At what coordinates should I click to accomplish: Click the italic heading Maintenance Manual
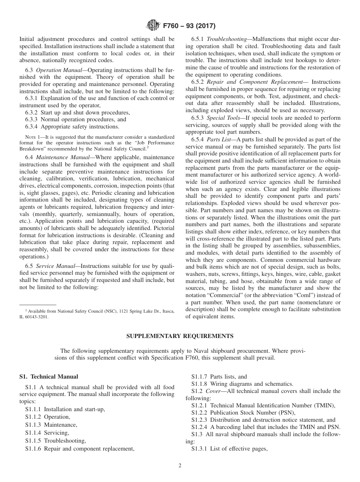pyautogui.click(x=62, y=157)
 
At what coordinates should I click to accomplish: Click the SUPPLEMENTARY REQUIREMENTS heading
pyautogui.click(x=180, y=336)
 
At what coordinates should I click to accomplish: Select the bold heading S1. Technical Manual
pyautogui.click(x=49, y=377)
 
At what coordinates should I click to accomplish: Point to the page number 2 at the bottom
pyautogui.click(x=180, y=466)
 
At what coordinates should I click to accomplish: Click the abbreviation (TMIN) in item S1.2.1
pyautogui.click(x=323, y=405)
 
